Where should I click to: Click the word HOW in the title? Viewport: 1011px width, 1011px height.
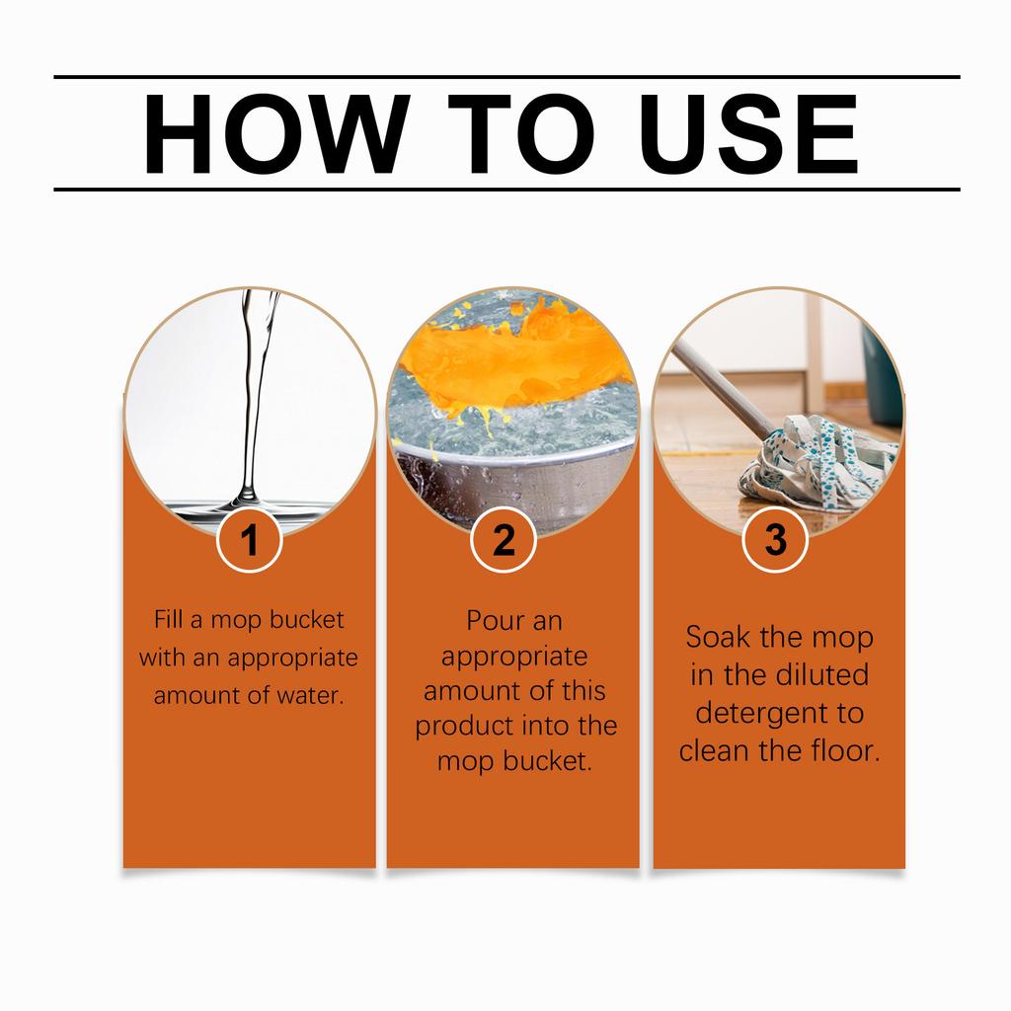[x=276, y=133]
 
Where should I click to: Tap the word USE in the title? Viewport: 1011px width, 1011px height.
[x=748, y=133]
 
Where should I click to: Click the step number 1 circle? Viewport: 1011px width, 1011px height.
[x=250, y=539]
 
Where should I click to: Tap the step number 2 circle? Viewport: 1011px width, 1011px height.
[x=504, y=539]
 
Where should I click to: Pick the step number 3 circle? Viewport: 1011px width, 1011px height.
[x=775, y=539]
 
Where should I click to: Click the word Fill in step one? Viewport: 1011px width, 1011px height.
[x=168, y=619]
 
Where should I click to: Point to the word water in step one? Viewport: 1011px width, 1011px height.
[x=311, y=695]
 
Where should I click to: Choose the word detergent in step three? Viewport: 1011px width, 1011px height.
[x=762, y=713]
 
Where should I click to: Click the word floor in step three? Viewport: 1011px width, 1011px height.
[x=845, y=750]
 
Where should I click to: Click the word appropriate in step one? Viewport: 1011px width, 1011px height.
[x=292, y=659]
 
